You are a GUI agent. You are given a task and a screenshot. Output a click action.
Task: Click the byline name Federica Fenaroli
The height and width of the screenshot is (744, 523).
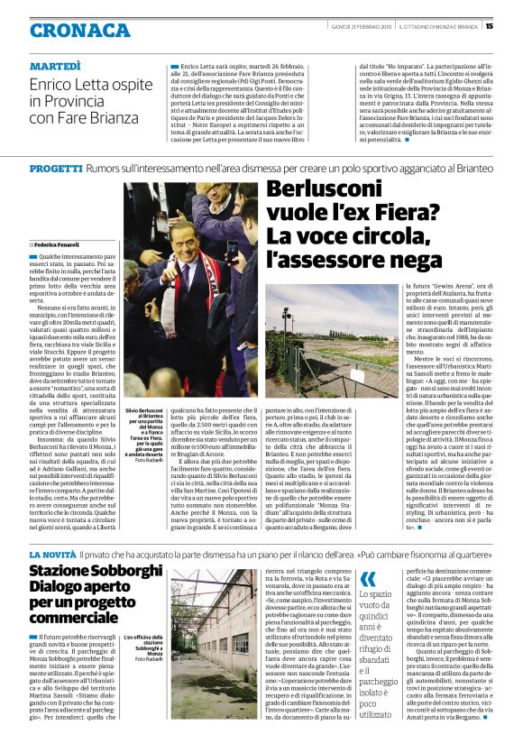[x=60, y=244]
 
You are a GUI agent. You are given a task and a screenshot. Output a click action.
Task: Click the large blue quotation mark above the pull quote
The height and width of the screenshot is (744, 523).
[x=367, y=580]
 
